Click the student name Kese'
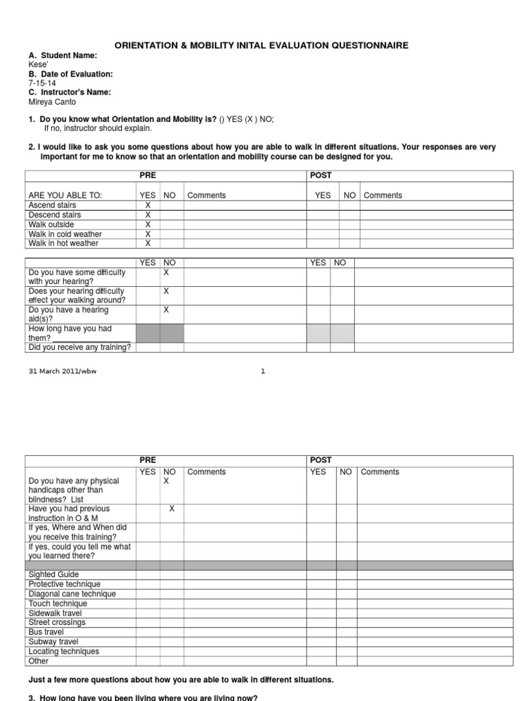[x=38, y=64]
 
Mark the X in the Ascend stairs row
[x=147, y=205]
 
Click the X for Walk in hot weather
[x=147, y=244]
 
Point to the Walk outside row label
[x=51, y=225]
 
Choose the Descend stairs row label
[x=55, y=215]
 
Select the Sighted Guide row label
[x=53, y=574]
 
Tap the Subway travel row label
[x=53, y=642]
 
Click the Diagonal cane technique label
[x=72, y=594]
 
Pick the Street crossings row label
[x=57, y=623]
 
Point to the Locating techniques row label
[x=64, y=652]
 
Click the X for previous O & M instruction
[x=172, y=509]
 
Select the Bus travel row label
[x=46, y=633]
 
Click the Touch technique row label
[x=58, y=604]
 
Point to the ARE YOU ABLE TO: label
[x=65, y=196]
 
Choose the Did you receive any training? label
[x=79, y=348]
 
